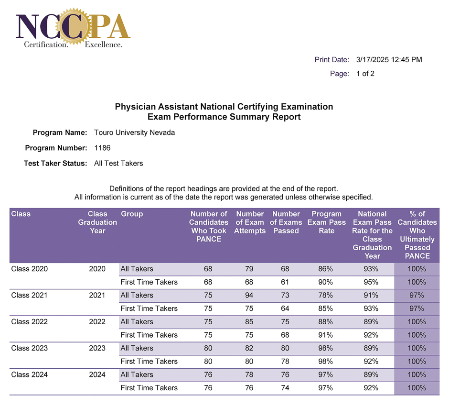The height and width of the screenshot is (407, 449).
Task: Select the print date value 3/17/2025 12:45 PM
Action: (x=389, y=60)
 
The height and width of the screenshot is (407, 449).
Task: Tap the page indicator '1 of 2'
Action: (x=365, y=74)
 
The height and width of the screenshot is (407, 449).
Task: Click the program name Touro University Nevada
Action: (x=134, y=132)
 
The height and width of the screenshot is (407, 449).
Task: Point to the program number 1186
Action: (x=102, y=148)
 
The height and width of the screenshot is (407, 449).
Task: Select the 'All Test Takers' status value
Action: (x=118, y=163)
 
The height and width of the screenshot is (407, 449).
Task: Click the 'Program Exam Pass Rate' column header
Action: (x=326, y=222)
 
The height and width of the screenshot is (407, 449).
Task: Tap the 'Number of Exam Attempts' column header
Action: (x=250, y=222)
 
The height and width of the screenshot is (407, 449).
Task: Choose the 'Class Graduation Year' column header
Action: (x=97, y=222)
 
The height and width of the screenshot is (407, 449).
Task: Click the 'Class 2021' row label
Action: (x=29, y=295)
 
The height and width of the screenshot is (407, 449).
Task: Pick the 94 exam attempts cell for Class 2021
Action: (x=248, y=295)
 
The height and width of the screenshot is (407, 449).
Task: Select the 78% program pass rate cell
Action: (x=325, y=295)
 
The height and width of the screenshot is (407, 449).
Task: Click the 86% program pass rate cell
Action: (x=325, y=269)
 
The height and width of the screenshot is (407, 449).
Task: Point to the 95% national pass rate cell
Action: (x=371, y=282)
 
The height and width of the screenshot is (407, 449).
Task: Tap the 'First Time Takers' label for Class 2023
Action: (x=149, y=362)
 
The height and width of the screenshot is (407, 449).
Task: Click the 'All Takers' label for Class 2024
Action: (x=137, y=374)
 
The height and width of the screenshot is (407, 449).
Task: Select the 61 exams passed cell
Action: (x=285, y=282)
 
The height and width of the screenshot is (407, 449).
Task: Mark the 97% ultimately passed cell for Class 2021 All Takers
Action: (x=417, y=295)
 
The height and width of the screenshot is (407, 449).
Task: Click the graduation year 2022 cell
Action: (x=97, y=322)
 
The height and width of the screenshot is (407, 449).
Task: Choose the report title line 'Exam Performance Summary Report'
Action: (x=224, y=117)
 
